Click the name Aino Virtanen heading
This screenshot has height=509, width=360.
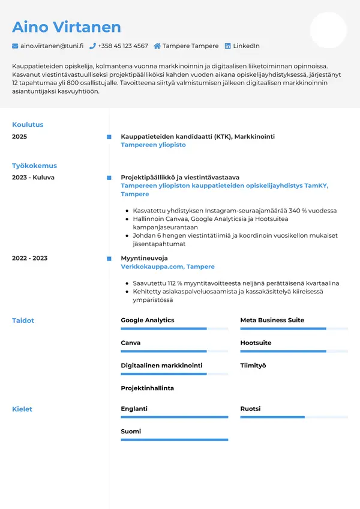pyautogui.click(x=67, y=27)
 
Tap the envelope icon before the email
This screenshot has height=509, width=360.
pyautogui.click(x=15, y=46)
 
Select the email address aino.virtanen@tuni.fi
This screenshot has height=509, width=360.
pyautogui.click(x=52, y=46)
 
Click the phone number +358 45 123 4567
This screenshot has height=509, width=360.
pyautogui.click(x=122, y=46)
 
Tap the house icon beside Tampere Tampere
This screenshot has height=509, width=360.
pyautogui.click(x=157, y=46)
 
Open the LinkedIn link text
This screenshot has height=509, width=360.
pyautogui.click(x=246, y=46)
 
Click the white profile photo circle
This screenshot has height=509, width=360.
pyautogui.click(x=328, y=30)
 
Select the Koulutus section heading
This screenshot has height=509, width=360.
pyautogui.click(x=28, y=125)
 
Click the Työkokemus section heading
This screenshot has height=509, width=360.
pyautogui.click(x=34, y=166)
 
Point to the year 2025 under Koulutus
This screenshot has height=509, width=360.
pyautogui.click(x=20, y=137)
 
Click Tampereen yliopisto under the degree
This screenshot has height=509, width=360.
pyautogui.click(x=153, y=145)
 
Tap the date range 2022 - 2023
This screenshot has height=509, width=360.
pyautogui.click(x=29, y=258)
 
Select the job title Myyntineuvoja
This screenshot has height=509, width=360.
pyautogui.click(x=144, y=258)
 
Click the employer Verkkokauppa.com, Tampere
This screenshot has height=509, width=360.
pyautogui.click(x=167, y=267)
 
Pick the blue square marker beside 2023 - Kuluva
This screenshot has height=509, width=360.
pyautogui.click(x=109, y=178)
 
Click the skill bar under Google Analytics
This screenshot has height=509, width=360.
pyautogui.click(x=174, y=329)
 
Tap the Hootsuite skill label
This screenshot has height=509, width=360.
pyautogui.click(x=256, y=343)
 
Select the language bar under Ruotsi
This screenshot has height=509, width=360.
pyautogui.click(x=294, y=417)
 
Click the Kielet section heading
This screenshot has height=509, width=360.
pyautogui.click(x=22, y=409)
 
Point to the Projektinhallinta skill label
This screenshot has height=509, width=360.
pyautogui.click(x=147, y=388)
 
